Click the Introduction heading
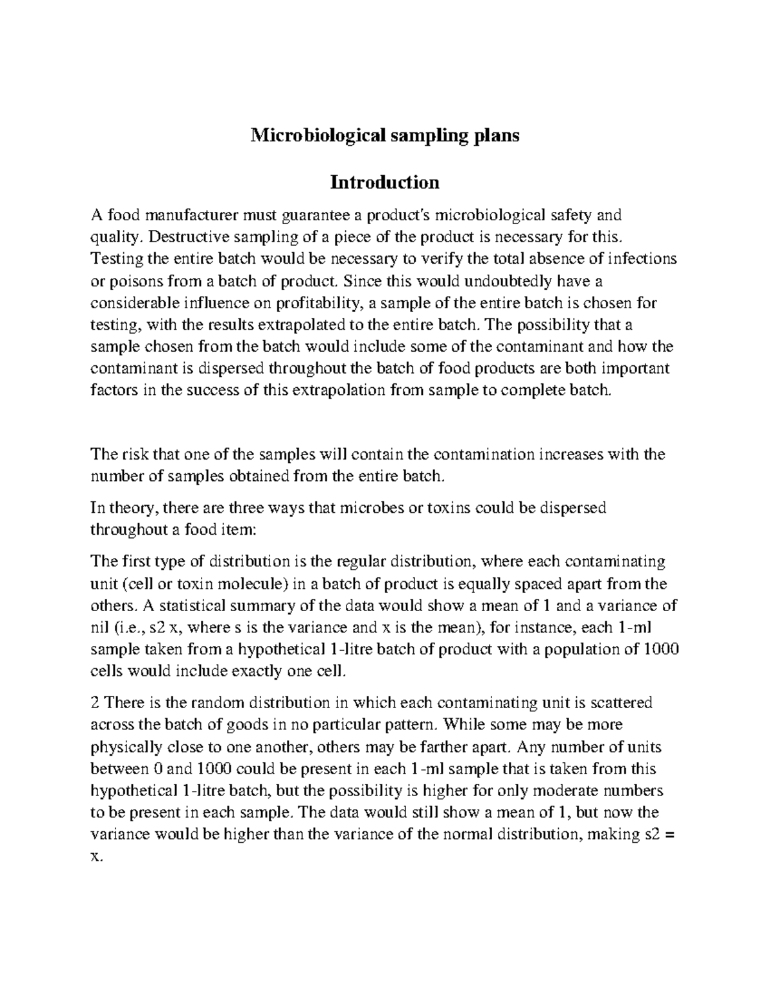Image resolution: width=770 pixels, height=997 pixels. pos(384,182)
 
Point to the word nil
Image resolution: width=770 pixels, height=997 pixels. pos(99,627)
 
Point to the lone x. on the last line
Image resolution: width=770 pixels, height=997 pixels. pos(96,856)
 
